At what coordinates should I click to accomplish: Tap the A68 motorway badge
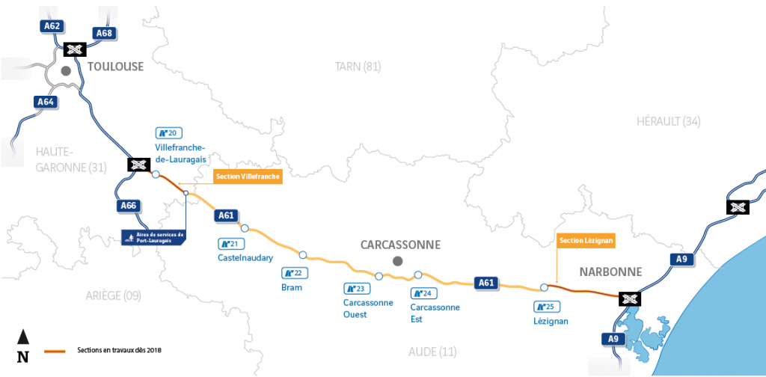click(x=104, y=32)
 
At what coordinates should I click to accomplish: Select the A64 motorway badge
click(x=45, y=102)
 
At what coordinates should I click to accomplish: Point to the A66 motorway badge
click(x=129, y=206)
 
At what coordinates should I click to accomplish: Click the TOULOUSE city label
click(x=115, y=67)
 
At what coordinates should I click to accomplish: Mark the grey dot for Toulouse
click(x=66, y=71)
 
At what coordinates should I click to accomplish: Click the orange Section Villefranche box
click(x=247, y=177)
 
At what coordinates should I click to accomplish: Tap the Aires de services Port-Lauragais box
click(x=153, y=238)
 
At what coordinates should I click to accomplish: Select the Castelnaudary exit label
click(x=240, y=258)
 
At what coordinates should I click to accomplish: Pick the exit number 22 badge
click(x=292, y=273)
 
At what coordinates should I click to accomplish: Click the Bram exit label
click(x=292, y=287)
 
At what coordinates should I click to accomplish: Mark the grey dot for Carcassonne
click(x=398, y=260)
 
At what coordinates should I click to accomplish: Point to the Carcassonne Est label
click(x=435, y=313)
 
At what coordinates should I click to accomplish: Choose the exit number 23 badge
click(x=355, y=288)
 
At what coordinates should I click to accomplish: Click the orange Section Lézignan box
click(x=586, y=240)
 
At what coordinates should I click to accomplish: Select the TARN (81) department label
click(x=358, y=67)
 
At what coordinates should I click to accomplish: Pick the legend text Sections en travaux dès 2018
click(x=119, y=349)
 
